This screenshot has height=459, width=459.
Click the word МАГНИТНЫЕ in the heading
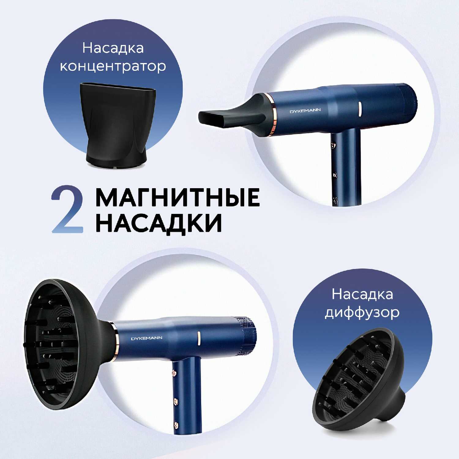178,197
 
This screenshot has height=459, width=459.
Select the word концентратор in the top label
113,66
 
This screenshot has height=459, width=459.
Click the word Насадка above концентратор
113,49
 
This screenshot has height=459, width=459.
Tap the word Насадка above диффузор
362,294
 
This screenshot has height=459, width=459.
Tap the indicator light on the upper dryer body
360,109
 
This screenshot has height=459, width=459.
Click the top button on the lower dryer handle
175,373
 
